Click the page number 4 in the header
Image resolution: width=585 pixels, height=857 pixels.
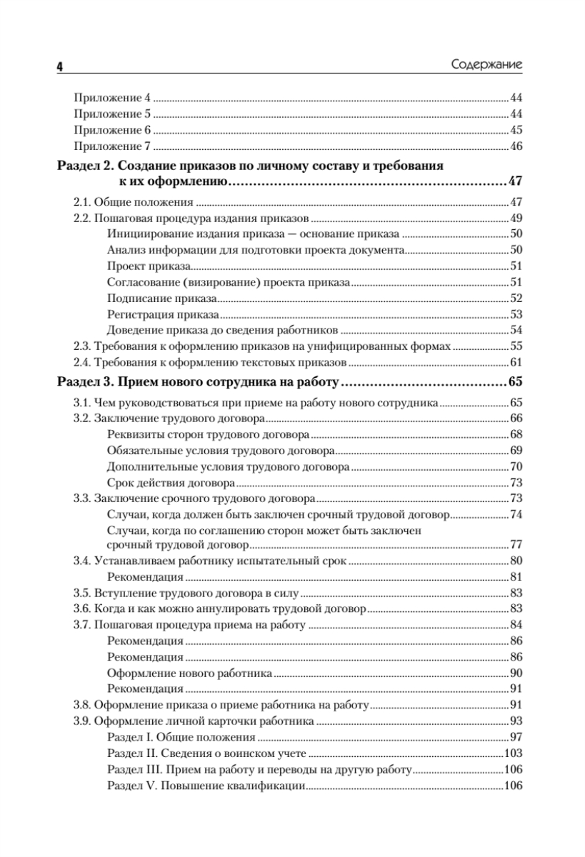click(59, 66)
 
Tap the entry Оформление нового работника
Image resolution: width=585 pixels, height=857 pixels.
click(189, 673)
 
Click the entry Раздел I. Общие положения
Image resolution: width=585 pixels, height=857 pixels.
click(181, 737)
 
